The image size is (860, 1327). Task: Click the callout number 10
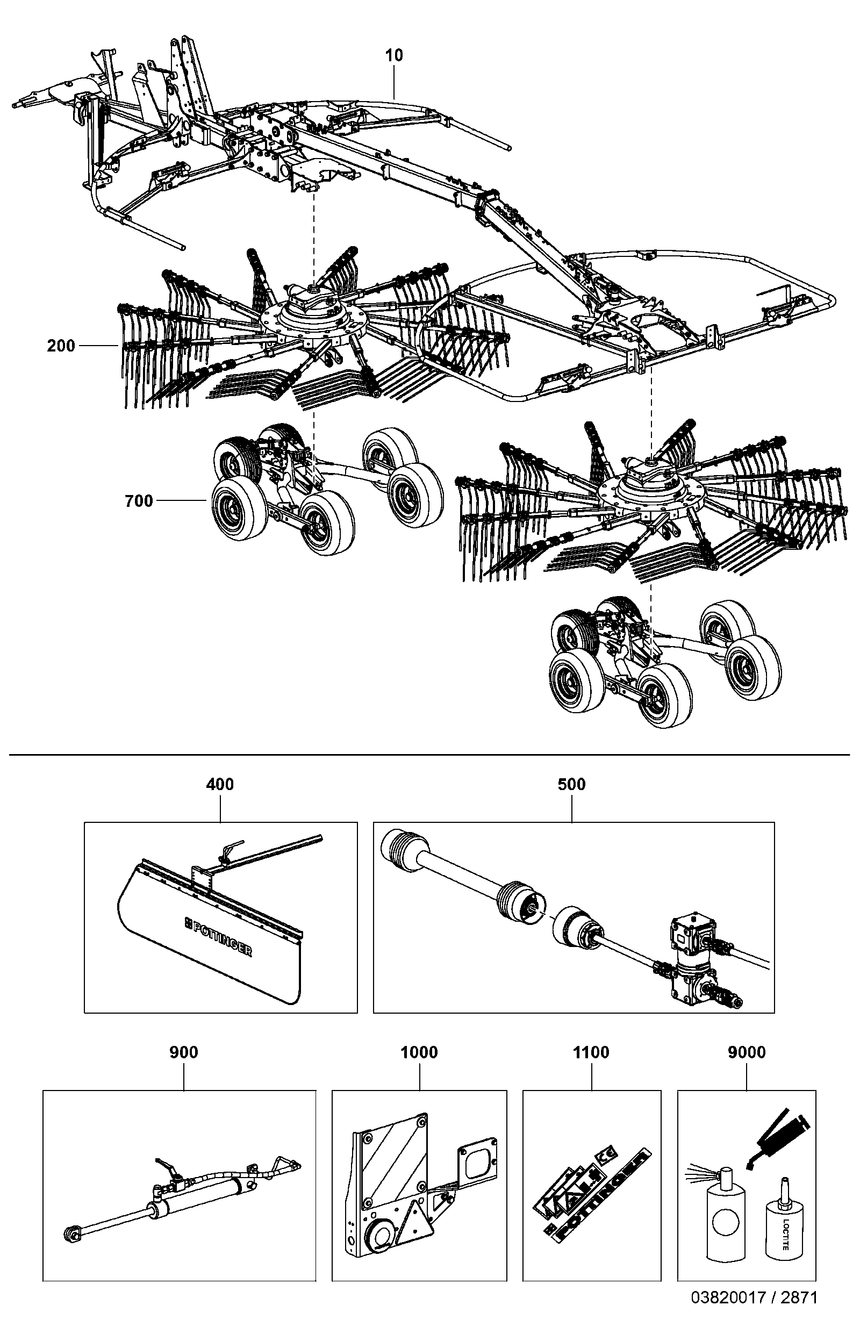tap(394, 55)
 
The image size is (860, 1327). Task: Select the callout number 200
tap(61, 346)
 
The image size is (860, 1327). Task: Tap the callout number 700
tap(139, 501)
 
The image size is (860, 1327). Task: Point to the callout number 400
tap(220, 784)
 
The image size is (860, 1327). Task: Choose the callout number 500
tap(572, 784)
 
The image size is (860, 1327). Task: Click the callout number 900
tap(183, 1052)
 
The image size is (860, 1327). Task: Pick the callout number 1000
tap(419, 1052)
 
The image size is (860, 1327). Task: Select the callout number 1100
tap(591, 1052)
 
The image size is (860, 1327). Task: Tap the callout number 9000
tap(747, 1052)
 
